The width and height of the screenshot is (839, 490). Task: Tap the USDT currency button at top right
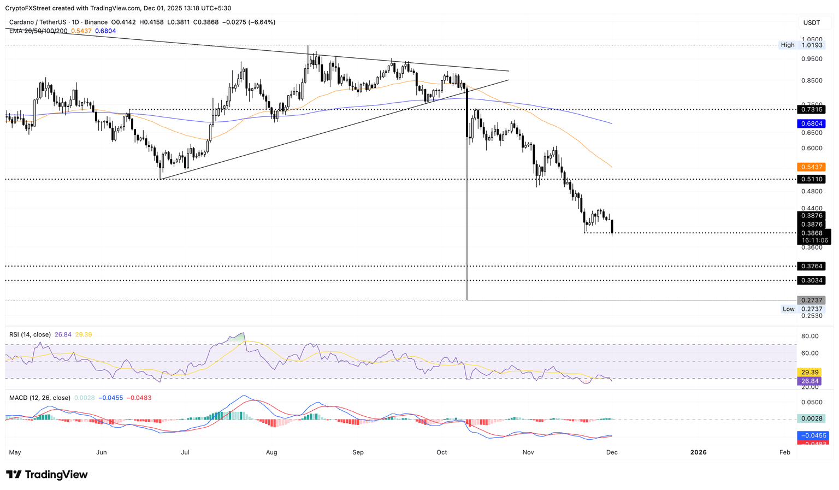(x=811, y=22)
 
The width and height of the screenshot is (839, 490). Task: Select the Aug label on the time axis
(x=271, y=452)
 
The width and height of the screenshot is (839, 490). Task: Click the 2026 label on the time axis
(x=698, y=452)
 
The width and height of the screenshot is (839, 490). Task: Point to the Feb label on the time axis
(x=785, y=452)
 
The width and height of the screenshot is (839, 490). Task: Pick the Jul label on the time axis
(x=185, y=452)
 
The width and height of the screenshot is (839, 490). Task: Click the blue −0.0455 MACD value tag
(x=813, y=435)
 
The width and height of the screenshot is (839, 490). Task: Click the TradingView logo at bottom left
(x=47, y=475)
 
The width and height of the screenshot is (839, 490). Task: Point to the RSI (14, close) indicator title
(x=30, y=334)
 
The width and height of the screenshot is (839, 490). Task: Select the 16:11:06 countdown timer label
(x=814, y=240)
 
